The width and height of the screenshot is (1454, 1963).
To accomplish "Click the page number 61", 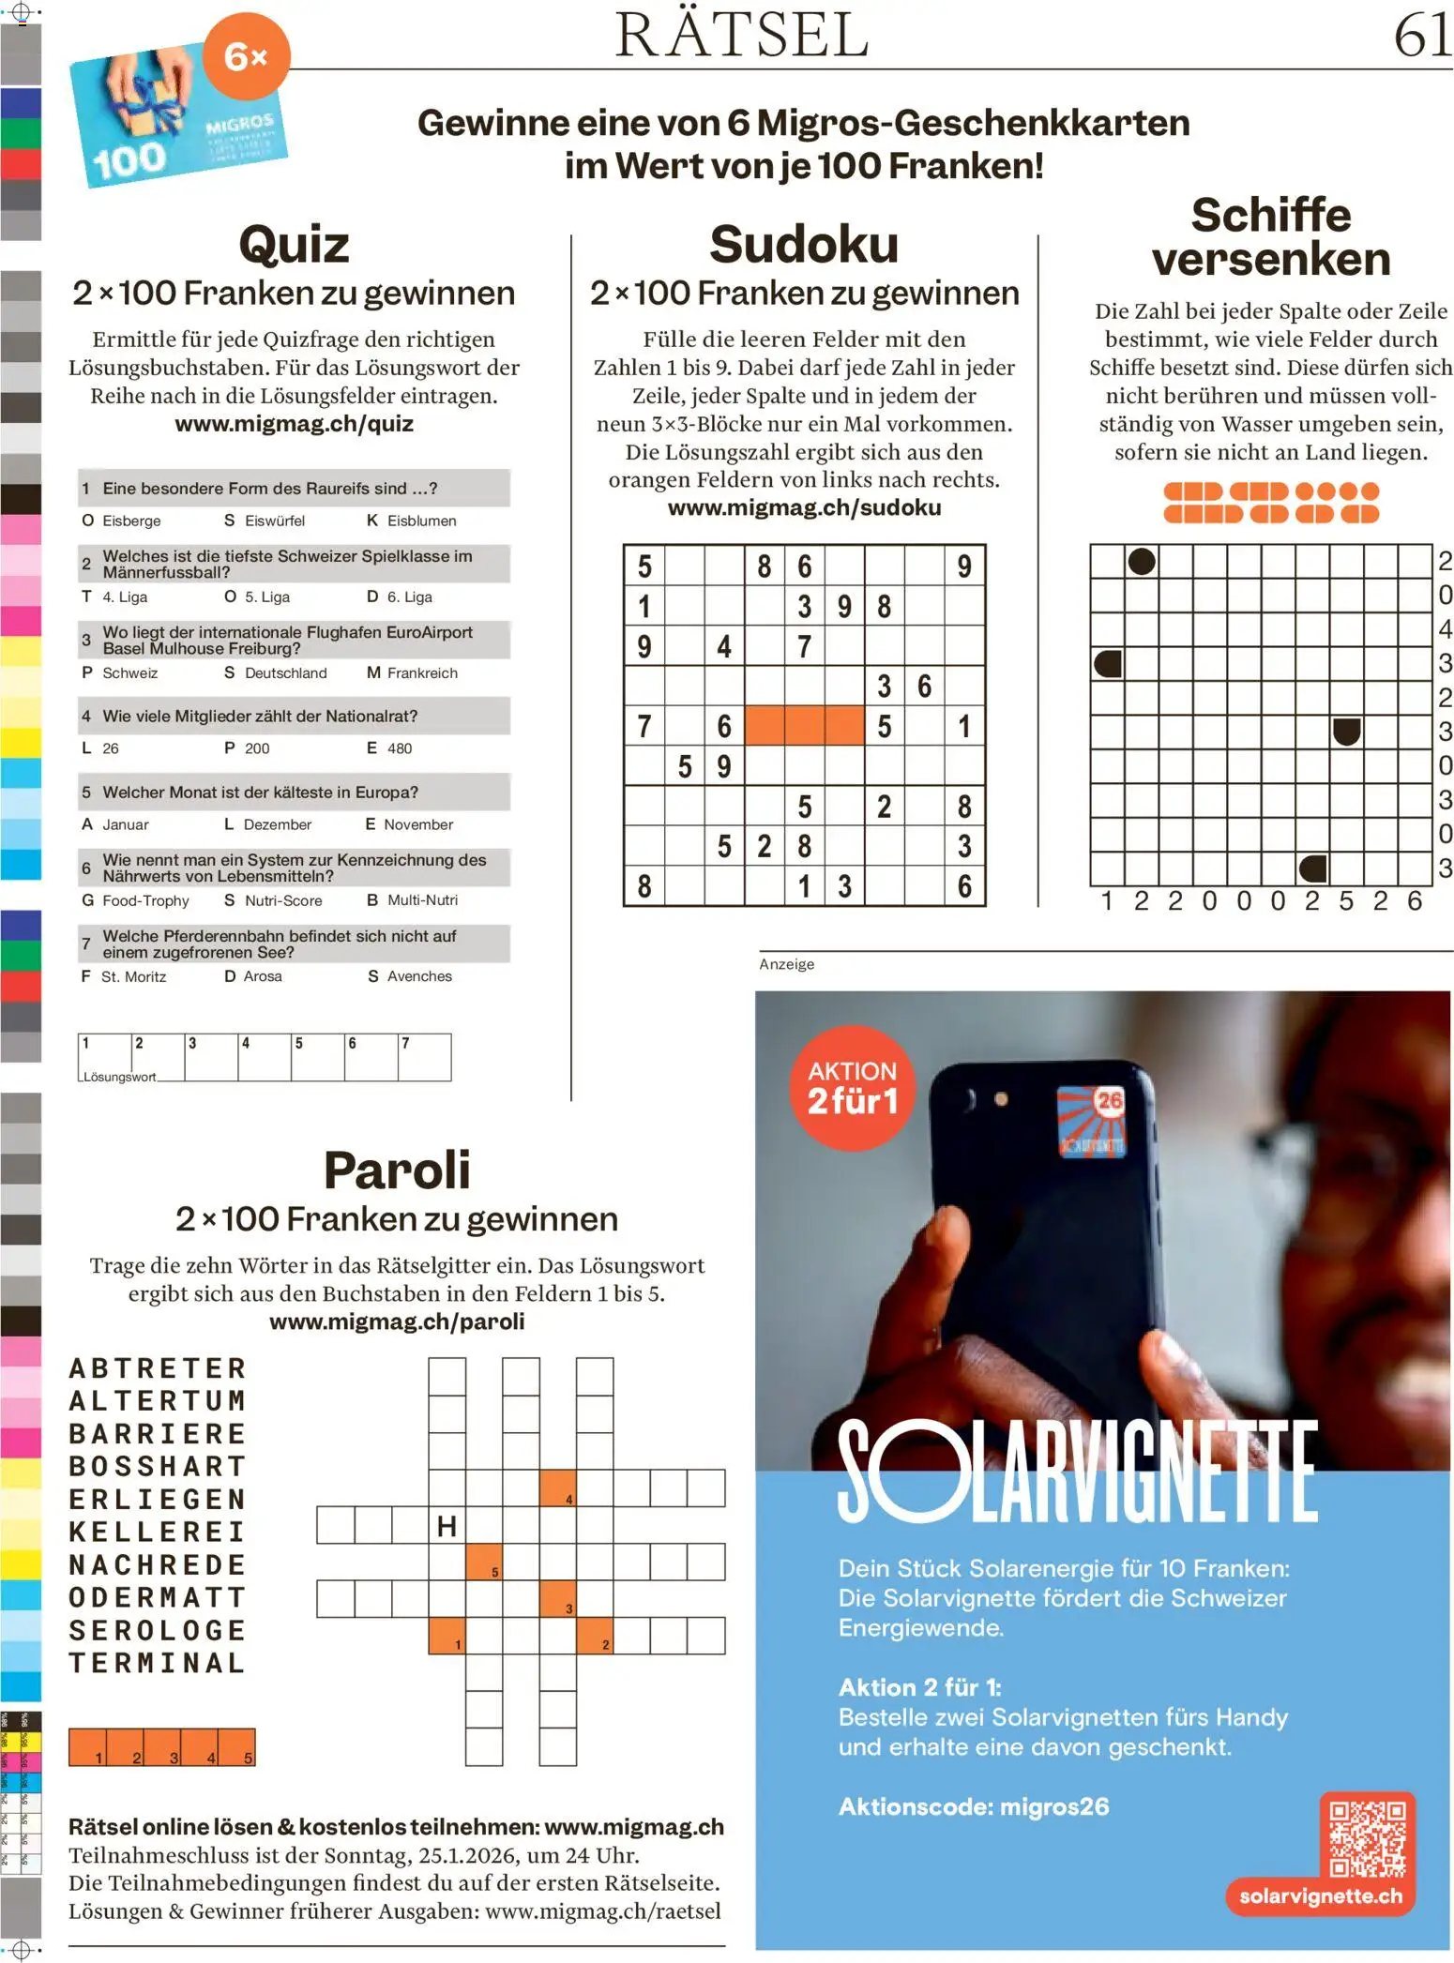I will pos(1422,36).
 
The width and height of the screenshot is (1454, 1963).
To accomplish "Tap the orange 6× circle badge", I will pos(247,56).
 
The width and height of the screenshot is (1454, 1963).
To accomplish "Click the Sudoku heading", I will pos(804,245).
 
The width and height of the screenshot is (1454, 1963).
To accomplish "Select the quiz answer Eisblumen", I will pos(421,521).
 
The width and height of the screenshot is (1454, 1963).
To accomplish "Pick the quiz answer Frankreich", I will pos(422,672).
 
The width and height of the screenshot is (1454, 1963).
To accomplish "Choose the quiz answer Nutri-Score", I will pos(282,900).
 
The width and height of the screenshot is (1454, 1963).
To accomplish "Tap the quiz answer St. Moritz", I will pos(133,976).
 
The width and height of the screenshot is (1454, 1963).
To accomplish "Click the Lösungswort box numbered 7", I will pos(424,1057).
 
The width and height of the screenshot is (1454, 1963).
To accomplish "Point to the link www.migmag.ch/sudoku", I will pos(804,507).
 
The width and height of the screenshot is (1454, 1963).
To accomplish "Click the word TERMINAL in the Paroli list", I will pos(158,1663).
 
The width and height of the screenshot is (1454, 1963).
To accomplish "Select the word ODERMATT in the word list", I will pos(158,1597).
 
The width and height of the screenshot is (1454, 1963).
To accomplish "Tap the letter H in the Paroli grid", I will pos(447,1526).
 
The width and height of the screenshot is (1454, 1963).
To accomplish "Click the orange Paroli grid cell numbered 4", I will pos(558,1488).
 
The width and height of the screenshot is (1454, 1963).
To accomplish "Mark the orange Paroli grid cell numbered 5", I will pos(484,1562).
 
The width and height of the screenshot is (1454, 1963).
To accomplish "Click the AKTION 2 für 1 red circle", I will pos(852,1088).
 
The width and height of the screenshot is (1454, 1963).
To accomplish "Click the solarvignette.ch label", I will pos(1320,1895).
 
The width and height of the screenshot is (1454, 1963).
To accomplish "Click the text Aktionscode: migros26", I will pos(973,1806).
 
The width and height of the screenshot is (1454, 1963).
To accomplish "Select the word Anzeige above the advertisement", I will pos(786,964).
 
